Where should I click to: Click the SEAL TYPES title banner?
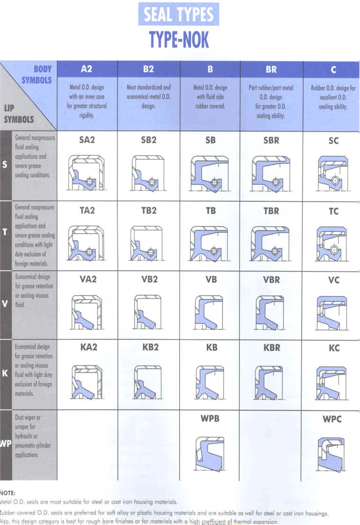[x=178, y=15]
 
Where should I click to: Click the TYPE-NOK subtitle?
[x=179, y=39]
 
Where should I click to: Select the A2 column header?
[x=87, y=69]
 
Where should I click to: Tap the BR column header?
[x=271, y=69]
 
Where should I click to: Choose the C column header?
[x=333, y=69]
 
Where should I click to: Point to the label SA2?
[x=87, y=140]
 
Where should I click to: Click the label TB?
[x=211, y=211]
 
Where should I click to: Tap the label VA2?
[x=87, y=279]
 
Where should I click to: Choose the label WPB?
[x=210, y=418]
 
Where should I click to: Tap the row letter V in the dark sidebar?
[x=5, y=303]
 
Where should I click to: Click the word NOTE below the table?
[x=8, y=493]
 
